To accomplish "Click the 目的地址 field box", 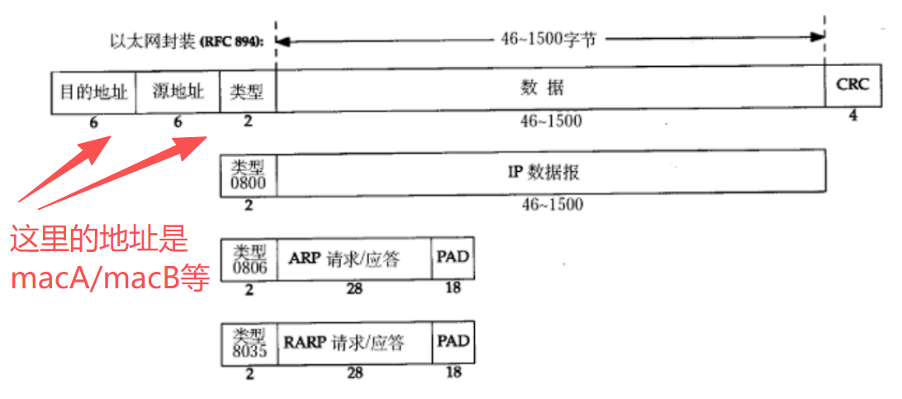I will (93, 90).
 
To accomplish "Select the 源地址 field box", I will (178, 90).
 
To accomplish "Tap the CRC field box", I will (853, 87).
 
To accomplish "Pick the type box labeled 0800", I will (249, 173).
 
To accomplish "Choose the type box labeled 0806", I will (249, 259).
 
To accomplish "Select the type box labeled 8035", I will (249, 344).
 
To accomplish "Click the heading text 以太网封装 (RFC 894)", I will (187, 40).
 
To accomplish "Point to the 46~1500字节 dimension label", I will (548, 38).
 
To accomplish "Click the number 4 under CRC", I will (852, 116).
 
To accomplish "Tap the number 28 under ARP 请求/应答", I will (355, 288).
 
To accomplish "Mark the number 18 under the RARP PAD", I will (453, 373).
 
